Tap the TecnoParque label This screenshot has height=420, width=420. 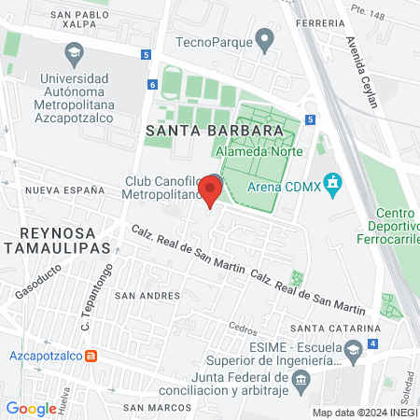point(214,41)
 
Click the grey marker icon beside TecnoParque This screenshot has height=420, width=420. point(265,41)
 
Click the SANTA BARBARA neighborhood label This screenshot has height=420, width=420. point(215,132)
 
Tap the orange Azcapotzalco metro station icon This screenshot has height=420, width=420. point(91,356)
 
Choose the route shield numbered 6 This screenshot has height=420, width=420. point(152,85)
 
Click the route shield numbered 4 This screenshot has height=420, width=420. point(373,344)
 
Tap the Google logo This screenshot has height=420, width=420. point(31,408)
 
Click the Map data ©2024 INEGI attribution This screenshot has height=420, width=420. point(363,413)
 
